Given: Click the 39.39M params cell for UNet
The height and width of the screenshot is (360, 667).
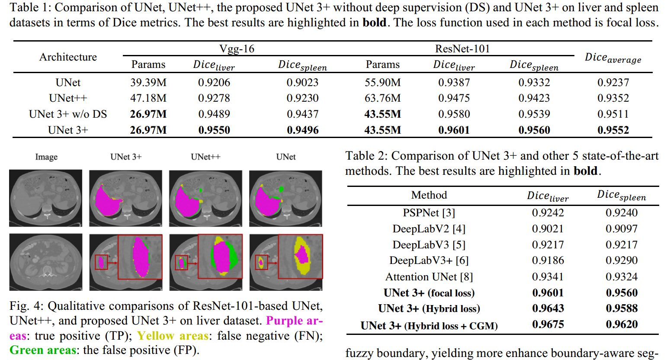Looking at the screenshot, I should click(x=148, y=82).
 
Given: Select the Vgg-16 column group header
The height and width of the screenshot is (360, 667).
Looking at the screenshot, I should click(x=237, y=48).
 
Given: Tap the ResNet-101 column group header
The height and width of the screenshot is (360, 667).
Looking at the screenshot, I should click(x=462, y=48).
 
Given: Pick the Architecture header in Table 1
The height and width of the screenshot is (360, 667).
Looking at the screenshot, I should click(x=68, y=57).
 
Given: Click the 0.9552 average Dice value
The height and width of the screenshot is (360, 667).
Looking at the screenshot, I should click(x=613, y=130).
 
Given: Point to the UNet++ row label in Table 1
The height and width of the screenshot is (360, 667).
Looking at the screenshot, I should click(x=68, y=98).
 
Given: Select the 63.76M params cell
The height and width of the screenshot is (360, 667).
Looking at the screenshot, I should click(x=382, y=98).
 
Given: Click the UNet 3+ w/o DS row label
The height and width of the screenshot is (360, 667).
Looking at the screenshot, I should click(x=68, y=114).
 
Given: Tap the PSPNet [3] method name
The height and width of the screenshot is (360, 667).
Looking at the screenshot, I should click(x=429, y=213).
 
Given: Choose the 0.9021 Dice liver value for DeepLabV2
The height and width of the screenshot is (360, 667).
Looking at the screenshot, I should click(x=548, y=228).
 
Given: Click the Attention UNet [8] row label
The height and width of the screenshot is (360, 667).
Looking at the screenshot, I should click(x=429, y=276).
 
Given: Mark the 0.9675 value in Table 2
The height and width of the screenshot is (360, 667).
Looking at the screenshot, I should click(x=548, y=325).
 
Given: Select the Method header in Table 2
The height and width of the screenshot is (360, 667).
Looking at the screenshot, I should click(x=429, y=195).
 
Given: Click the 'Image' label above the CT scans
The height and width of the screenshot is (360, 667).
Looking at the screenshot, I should click(x=46, y=157).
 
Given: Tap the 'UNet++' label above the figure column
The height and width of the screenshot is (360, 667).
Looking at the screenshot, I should click(x=205, y=157).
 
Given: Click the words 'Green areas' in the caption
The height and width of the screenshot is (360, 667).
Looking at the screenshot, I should click(x=43, y=350).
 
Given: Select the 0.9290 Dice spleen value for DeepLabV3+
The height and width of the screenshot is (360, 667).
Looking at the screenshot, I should click(x=622, y=260).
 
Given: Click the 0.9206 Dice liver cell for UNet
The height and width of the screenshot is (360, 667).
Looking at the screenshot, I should click(x=214, y=82).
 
